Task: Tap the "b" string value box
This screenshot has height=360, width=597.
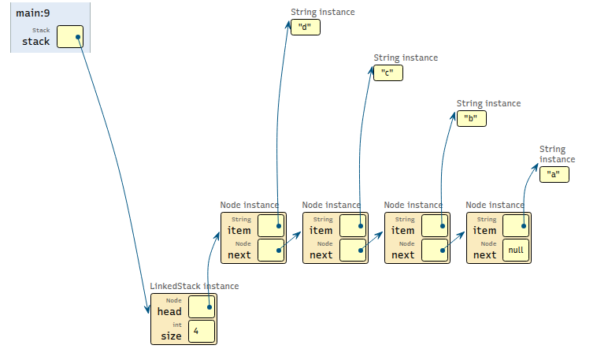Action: tap(471, 119)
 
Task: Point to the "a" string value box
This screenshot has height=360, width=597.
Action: tap(554, 174)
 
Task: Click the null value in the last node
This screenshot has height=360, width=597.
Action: tap(516, 251)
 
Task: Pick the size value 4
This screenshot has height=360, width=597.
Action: tap(201, 332)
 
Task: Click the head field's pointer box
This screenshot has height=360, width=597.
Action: tap(201, 307)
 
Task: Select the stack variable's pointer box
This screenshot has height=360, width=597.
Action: tap(69, 37)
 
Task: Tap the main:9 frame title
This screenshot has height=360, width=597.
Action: tap(32, 13)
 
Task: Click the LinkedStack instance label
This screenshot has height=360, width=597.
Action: tap(195, 286)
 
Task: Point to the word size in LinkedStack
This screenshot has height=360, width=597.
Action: tap(171, 336)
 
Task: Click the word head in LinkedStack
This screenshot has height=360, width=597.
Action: tap(169, 311)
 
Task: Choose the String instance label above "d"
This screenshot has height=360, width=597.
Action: tap(322, 12)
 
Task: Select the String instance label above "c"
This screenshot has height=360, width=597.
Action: tap(406, 58)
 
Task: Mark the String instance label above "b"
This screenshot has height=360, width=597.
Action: tap(488, 103)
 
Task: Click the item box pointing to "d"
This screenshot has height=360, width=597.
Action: tap(270, 225)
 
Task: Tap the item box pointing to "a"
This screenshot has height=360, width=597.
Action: tap(516, 225)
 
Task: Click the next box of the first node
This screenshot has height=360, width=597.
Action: tap(270, 251)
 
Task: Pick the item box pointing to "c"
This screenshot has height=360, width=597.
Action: tap(352, 225)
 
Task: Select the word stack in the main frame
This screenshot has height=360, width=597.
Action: tap(36, 41)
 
